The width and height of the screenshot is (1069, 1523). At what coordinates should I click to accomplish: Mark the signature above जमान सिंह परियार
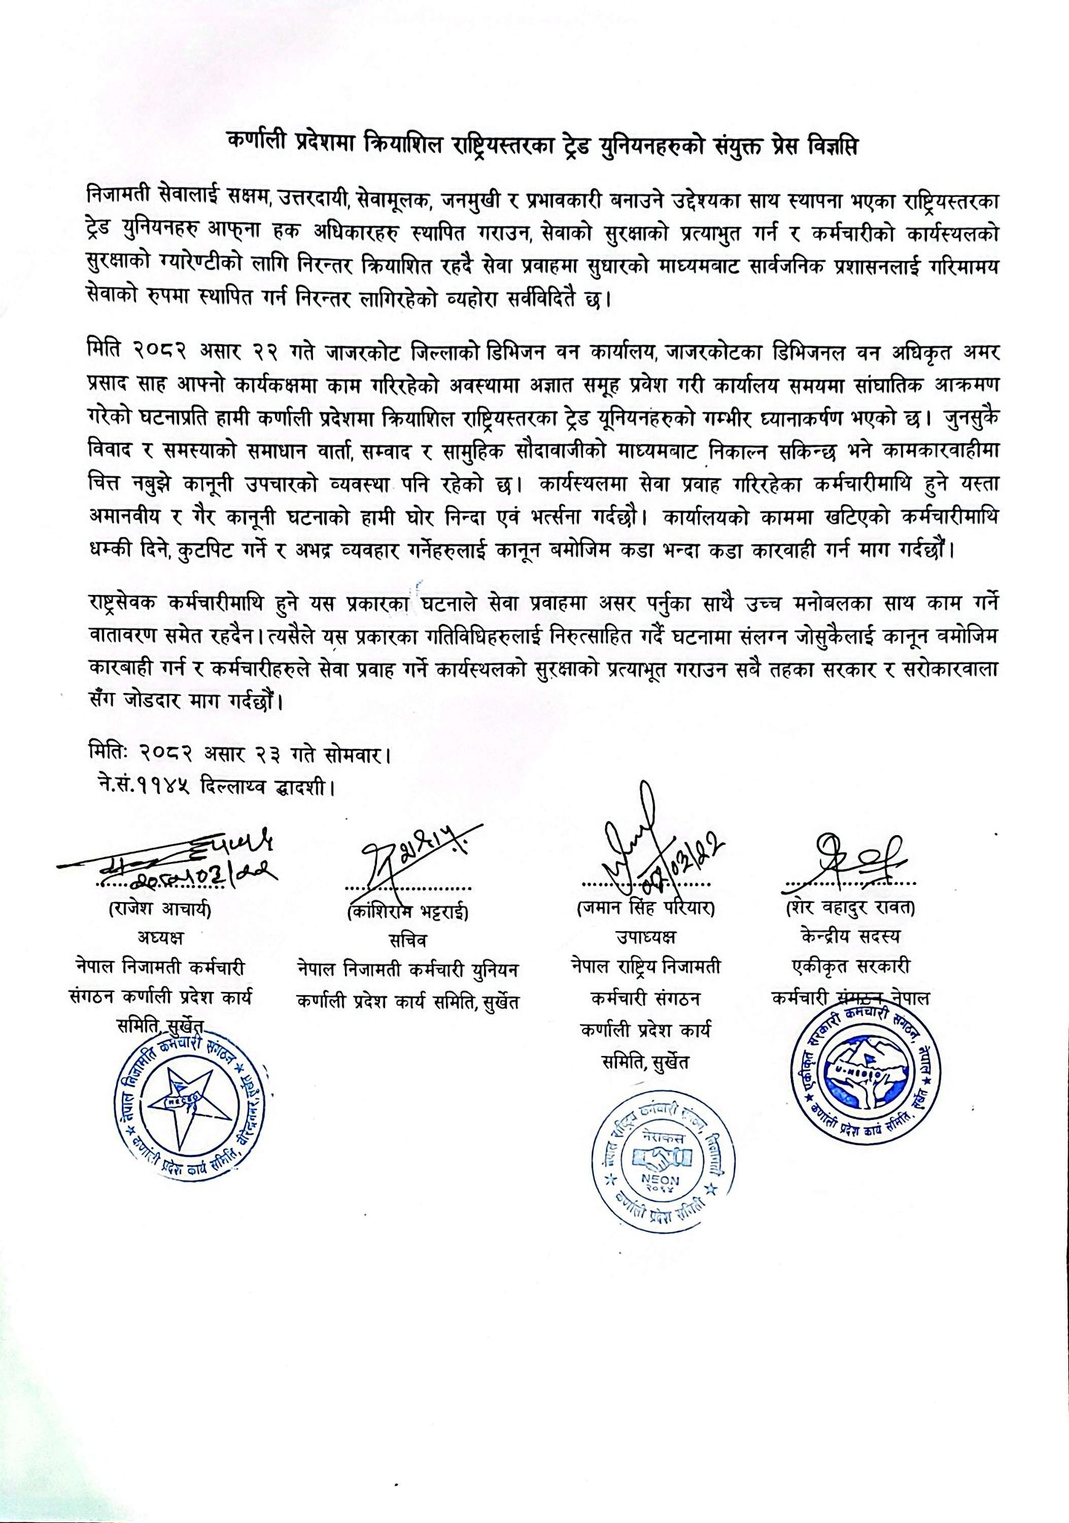(x=648, y=848)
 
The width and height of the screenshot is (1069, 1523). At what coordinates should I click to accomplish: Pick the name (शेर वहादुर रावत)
(x=850, y=908)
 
